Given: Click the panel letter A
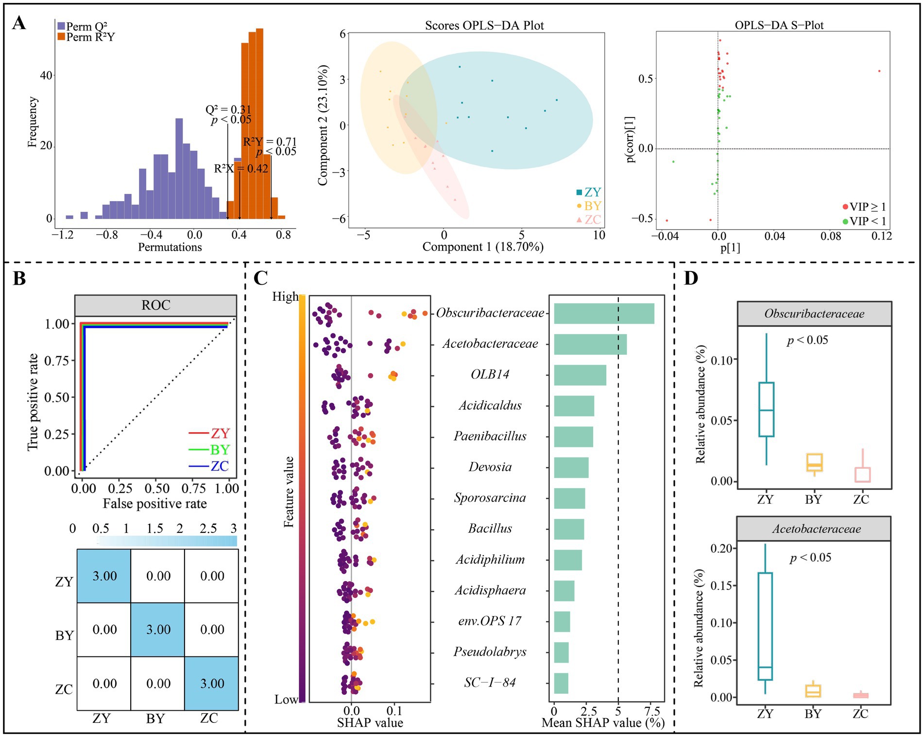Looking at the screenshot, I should tap(19, 23).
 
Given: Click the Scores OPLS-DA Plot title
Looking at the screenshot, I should tap(484, 25).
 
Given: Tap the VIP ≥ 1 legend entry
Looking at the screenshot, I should tap(864, 207).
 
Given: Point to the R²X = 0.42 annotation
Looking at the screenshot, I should tap(241, 169).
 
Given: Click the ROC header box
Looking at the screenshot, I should tap(155, 305).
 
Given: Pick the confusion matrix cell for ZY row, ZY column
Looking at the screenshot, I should tap(104, 576).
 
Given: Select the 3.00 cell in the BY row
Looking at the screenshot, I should tap(158, 630).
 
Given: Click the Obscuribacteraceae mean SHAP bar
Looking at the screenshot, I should tap(604, 313).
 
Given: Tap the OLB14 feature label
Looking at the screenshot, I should tap(490, 375).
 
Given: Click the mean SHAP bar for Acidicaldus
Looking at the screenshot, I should tap(574, 406).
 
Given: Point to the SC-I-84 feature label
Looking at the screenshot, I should tap(490, 683).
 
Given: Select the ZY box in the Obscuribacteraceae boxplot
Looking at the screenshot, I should tap(766, 410).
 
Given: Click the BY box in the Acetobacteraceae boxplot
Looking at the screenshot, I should tap(813, 691).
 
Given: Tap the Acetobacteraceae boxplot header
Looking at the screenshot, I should tap(814, 529).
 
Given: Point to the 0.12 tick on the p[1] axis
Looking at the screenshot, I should tap(882, 236).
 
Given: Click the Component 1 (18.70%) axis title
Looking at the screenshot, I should tap(482, 247).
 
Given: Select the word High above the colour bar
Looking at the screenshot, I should tap(285, 296).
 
